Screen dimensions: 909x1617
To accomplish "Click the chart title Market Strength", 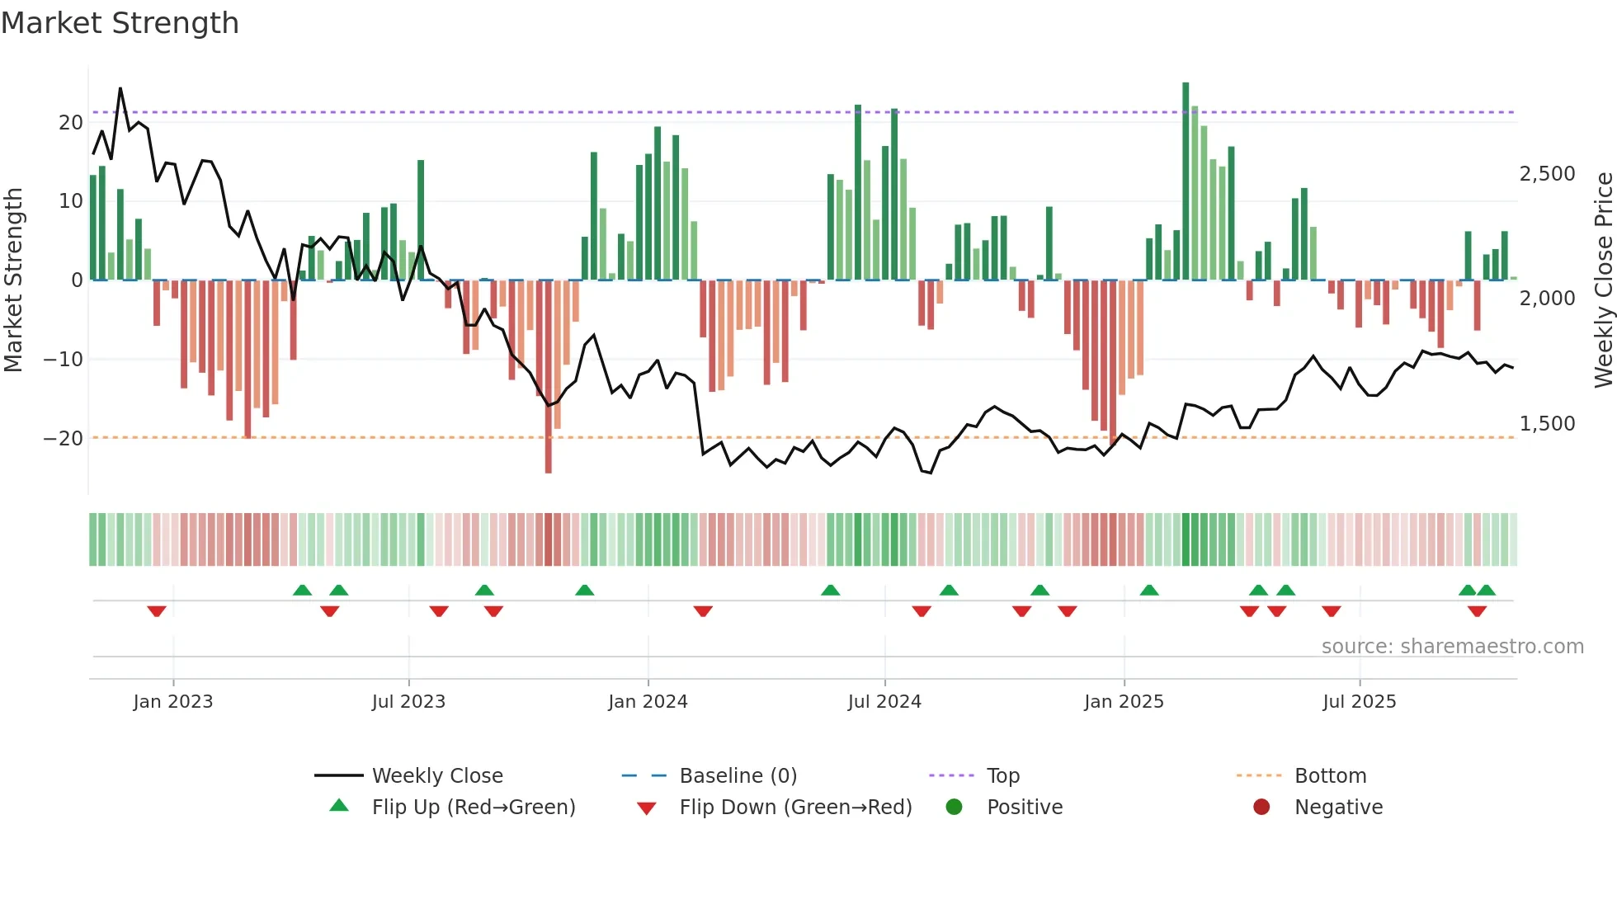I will pos(120,23).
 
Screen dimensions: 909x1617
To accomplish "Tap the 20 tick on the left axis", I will pos(71,123).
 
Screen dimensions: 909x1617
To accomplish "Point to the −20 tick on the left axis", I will pos(64,439).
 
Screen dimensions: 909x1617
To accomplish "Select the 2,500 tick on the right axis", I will pos(1547,174).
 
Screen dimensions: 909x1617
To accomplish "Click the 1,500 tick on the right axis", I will pos(1547,424).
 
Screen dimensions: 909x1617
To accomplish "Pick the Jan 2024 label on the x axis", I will pos(648,702).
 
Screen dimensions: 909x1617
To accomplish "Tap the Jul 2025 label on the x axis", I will pos(1359,702).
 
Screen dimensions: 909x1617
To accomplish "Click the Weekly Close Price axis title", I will pos(1603,280).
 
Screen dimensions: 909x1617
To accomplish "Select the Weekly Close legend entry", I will pos(437,776).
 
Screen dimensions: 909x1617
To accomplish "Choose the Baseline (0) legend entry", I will pos(738,776).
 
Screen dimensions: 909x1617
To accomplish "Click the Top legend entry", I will pos(1003,776).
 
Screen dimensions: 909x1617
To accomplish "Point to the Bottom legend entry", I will pos(1330,776).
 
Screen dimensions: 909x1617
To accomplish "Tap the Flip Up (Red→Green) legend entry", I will pos(473,808).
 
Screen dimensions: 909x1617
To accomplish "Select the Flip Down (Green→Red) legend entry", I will pos(795,808).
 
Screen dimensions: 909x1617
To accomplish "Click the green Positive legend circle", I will pos(955,808).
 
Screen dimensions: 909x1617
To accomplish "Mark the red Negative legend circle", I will pos(1261,808).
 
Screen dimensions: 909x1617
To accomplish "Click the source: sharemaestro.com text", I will pos(1452,647).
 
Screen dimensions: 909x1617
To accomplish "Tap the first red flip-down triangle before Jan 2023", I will pos(157,611).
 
